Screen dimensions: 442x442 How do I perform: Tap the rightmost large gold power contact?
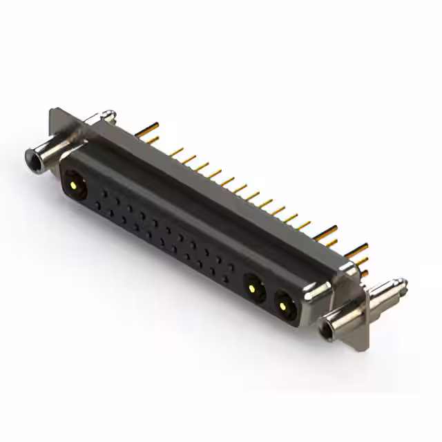[x=284, y=302]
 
